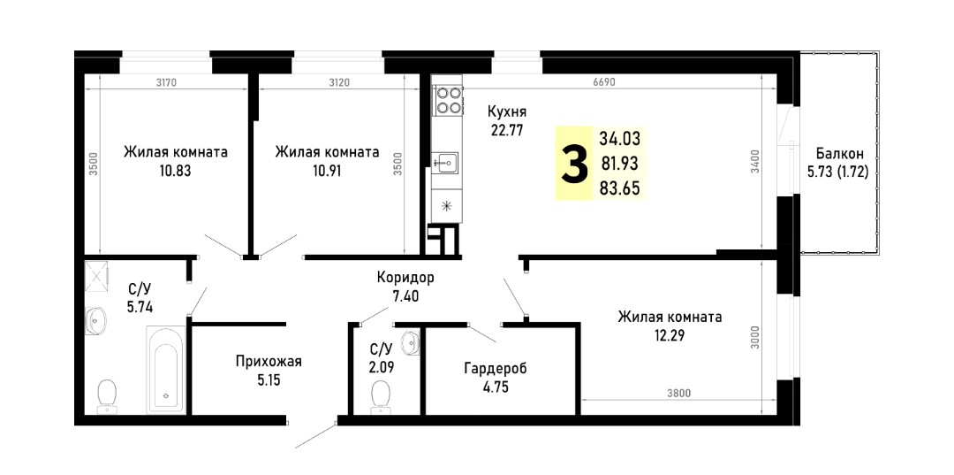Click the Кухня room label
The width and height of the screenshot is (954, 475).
pyautogui.click(x=506, y=112)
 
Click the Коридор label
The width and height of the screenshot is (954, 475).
pyautogui.click(x=405, y=279)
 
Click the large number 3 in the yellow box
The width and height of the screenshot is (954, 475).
pyautogui.click(x=574, y=164)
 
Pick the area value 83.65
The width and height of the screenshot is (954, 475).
pyautogui.click(x=619, y=188)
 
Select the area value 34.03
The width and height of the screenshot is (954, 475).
pyautogui.click(x=619, y=138)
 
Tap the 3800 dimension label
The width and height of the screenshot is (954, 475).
pyautogui.click(x=678, y=393)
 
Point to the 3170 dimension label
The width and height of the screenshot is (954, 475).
pyautogui.click(x=165, y=83)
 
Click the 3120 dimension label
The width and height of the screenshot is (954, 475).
pyautogui.click(x=338, y=83)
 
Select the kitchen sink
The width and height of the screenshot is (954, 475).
pyautogui.click(x=447, y=163)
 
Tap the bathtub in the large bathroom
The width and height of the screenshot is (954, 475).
pyautogui.click(x=166, y=371)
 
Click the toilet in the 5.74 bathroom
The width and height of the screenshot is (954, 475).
pyautogui.click(x=108, y=395)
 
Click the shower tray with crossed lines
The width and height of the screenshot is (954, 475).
pyautogui.click(x=96, y=273)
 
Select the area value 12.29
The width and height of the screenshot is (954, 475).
pyautogui.click(x=670, y=334)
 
